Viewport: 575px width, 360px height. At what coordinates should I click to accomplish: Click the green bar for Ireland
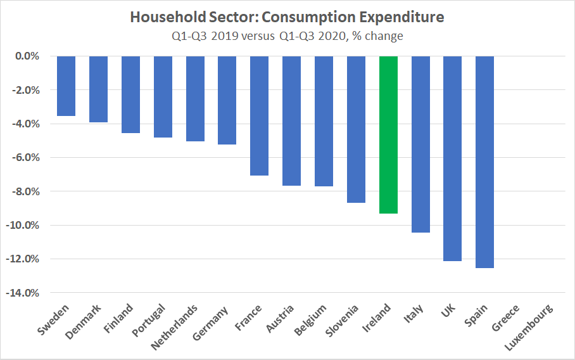pos(388,134)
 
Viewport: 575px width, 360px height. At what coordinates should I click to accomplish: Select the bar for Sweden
pos(66,86)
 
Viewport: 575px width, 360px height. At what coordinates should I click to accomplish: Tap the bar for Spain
pos(484,162)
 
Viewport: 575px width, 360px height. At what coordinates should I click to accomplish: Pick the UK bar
pos(452,158)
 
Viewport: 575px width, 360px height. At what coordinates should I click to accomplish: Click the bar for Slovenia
pos(356,129)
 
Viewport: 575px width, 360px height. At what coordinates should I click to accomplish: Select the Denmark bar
pos(98,89)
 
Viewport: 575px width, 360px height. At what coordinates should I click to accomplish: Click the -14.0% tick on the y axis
pos(25,293)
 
